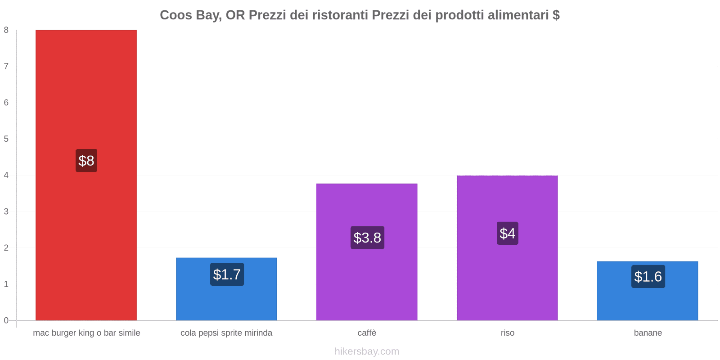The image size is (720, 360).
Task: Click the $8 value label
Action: [86, 161]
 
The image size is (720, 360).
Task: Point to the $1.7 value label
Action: [227, 274]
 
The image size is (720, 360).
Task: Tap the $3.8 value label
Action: [367, 238]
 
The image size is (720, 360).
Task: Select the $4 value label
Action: [508, 234]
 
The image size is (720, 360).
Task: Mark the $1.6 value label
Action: [648, 277]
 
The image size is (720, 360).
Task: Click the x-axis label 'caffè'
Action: [367, 333]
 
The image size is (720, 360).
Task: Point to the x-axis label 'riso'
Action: [508, 333]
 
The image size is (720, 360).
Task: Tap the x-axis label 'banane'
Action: [648, 333]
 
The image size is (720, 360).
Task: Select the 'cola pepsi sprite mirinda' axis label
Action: [226, 333]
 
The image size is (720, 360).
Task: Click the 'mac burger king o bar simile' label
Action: [86, 333]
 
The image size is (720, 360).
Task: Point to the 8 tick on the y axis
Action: [6, 30]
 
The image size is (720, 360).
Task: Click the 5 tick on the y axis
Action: [6, 139]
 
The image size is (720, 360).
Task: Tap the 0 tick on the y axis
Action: [6, 320]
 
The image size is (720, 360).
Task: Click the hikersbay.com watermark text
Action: [367, 351]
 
